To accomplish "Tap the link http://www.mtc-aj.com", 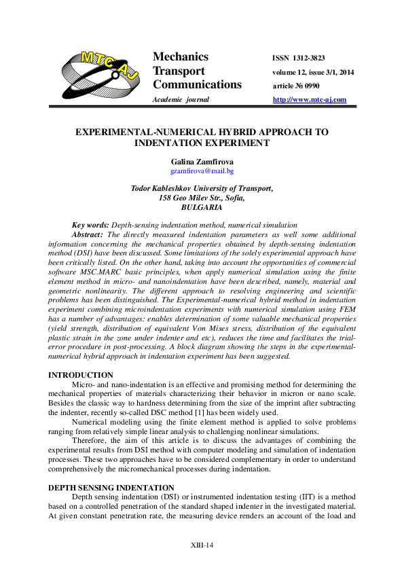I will pyautogui.click(x=309, y=100).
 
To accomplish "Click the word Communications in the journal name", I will pyautogui.click(x=197, y=85).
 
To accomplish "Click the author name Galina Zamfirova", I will pyautogui.click(x=202, y=161).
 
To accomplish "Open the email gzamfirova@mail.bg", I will pyautogui.click(x=202, y=171).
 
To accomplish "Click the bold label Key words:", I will pyautogui.click(x=90, y=225).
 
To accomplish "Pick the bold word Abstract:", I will pyautogui.click(x=88, y=234).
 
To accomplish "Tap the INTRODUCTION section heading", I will pyautogui.click(x=81, y=375).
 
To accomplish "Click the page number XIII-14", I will pyautogui.click(x=202, y=546).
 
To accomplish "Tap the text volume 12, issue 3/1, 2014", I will pyautogui.click(x=313, y=73).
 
